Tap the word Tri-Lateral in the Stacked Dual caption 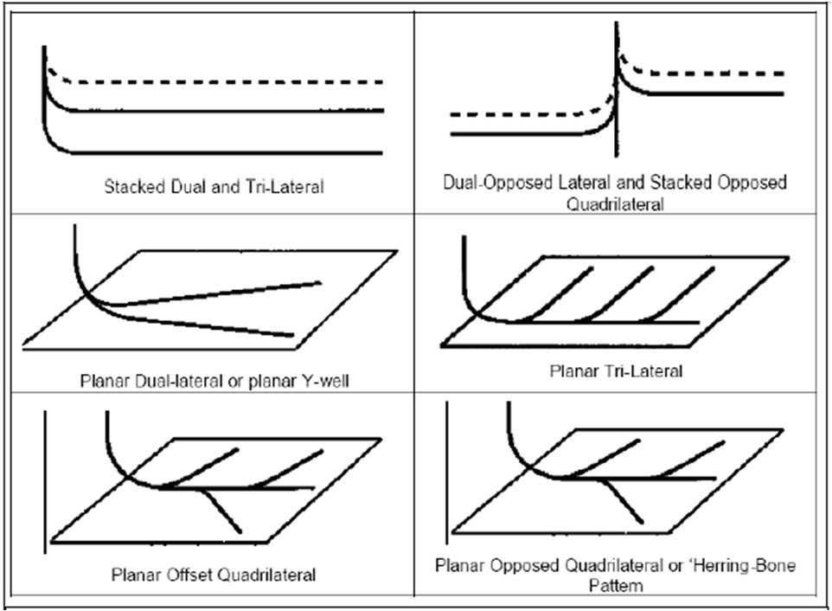point(285,186)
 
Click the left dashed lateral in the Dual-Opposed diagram point(519,113)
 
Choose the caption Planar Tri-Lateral point(616,371)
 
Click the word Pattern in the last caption point(617,586)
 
